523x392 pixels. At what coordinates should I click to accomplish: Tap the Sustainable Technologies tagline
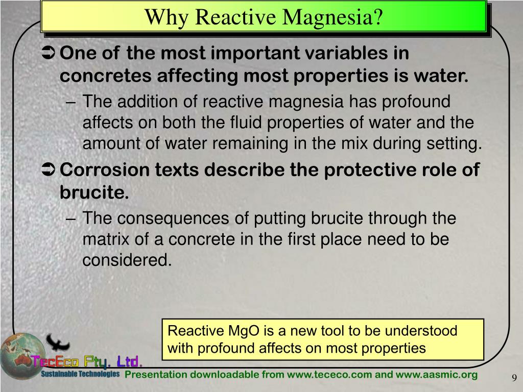coord(80,375)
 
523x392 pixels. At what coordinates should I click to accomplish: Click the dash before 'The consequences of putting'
coord(72,218)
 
